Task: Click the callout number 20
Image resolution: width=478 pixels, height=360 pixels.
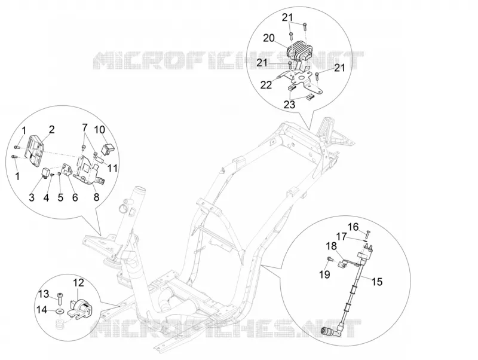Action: [269, 38]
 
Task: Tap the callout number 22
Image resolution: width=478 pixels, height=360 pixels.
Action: [266, 85]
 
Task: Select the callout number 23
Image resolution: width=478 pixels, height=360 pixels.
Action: [289, 105]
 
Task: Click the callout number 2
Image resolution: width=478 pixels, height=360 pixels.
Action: [51, 130]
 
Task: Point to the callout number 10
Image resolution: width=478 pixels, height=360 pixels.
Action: [99, 130]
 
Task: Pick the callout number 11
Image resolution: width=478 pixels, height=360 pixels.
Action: [112, 168]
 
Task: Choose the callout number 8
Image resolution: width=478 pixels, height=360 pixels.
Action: [96, 197]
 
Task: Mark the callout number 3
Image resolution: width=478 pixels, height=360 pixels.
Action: [32, 197]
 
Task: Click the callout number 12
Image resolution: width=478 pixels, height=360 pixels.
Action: [78, 283]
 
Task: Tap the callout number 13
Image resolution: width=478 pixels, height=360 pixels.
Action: [44, 294]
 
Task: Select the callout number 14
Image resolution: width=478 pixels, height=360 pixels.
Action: [42, 310]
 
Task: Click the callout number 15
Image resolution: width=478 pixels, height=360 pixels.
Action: [377, 282]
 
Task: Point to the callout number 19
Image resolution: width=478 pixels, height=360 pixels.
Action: [325, 274]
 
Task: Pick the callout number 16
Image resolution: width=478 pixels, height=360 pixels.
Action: [354, 227]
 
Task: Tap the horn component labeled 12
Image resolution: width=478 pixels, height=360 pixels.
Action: [82, 307]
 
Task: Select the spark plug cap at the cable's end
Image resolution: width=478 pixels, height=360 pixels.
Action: [330, 331]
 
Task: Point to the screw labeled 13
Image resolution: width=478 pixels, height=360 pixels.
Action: [60, 297]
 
